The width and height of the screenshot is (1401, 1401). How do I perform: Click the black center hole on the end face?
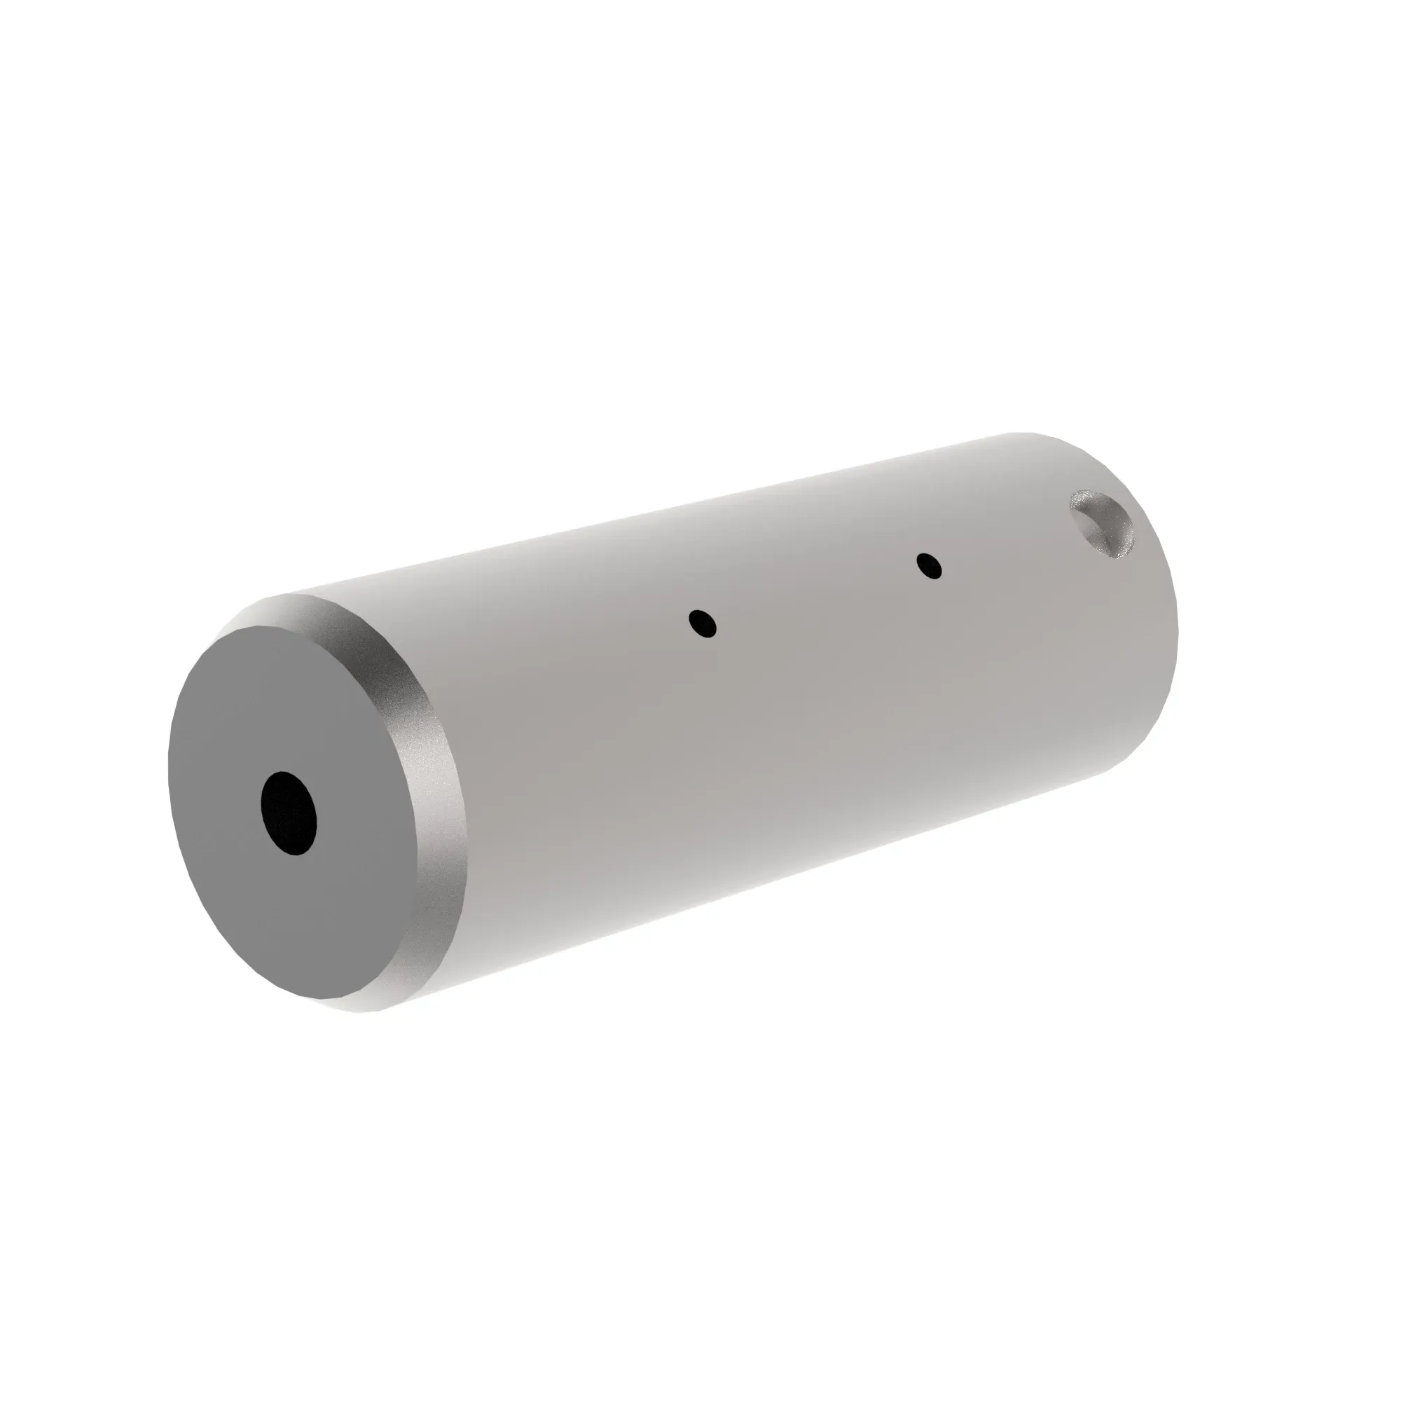coord(289,812)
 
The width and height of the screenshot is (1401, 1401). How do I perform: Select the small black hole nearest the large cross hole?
coord(929,565)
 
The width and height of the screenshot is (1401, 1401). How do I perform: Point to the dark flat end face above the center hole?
coord(290,696)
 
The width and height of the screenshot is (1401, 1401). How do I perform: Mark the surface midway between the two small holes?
coord(816,595)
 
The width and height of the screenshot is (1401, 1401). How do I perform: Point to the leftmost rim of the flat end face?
coord(171,761)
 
